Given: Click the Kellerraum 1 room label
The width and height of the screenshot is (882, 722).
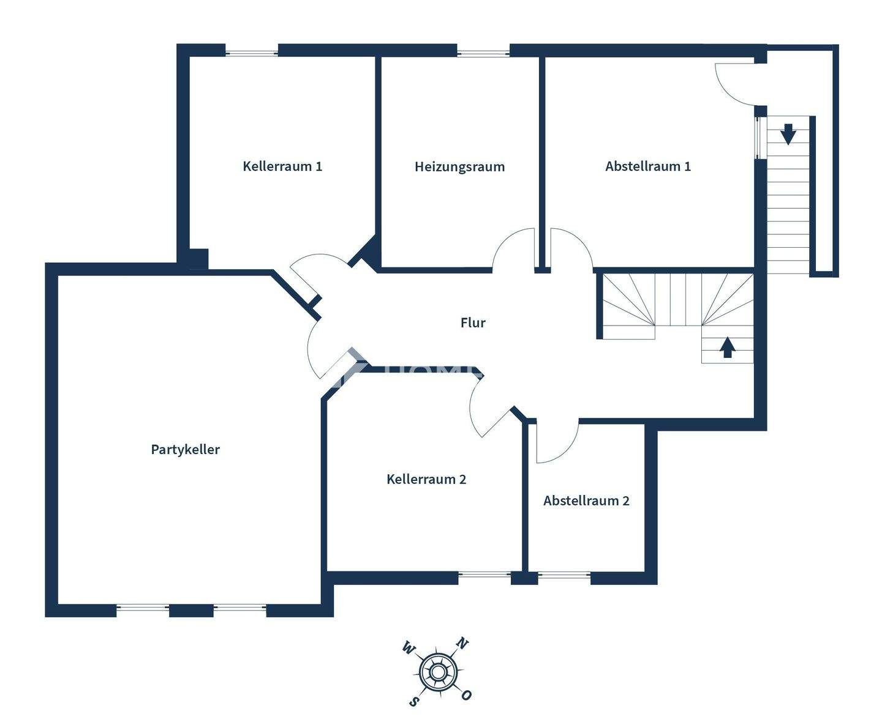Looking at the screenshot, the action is (282, 166).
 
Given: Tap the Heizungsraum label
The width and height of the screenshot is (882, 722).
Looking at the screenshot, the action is (459, 166).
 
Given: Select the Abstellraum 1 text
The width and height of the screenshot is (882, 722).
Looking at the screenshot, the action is (648, 166).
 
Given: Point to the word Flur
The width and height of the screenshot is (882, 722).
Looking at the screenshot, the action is (473, 322).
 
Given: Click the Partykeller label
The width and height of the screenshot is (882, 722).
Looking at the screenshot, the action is (185, 449).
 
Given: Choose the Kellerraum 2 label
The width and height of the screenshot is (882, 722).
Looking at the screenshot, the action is (426, 479).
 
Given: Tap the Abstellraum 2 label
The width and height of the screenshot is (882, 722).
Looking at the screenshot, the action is (586, 501).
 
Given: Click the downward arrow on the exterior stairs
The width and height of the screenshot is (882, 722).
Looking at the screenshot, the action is (788, 133).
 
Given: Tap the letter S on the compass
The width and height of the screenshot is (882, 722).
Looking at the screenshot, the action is (414, 701).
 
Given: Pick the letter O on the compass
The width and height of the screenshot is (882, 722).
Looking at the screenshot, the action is (467, 695).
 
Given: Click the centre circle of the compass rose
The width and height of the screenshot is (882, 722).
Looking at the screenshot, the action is (437, 672).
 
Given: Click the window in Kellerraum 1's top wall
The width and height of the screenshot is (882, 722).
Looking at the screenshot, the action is (251, 51).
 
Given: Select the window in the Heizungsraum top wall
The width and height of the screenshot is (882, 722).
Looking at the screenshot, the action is (483, 51).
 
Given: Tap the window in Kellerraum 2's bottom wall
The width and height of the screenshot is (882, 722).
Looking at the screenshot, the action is (484, 575).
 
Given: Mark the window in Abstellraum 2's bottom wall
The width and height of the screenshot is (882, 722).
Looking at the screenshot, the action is (564, 575).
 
